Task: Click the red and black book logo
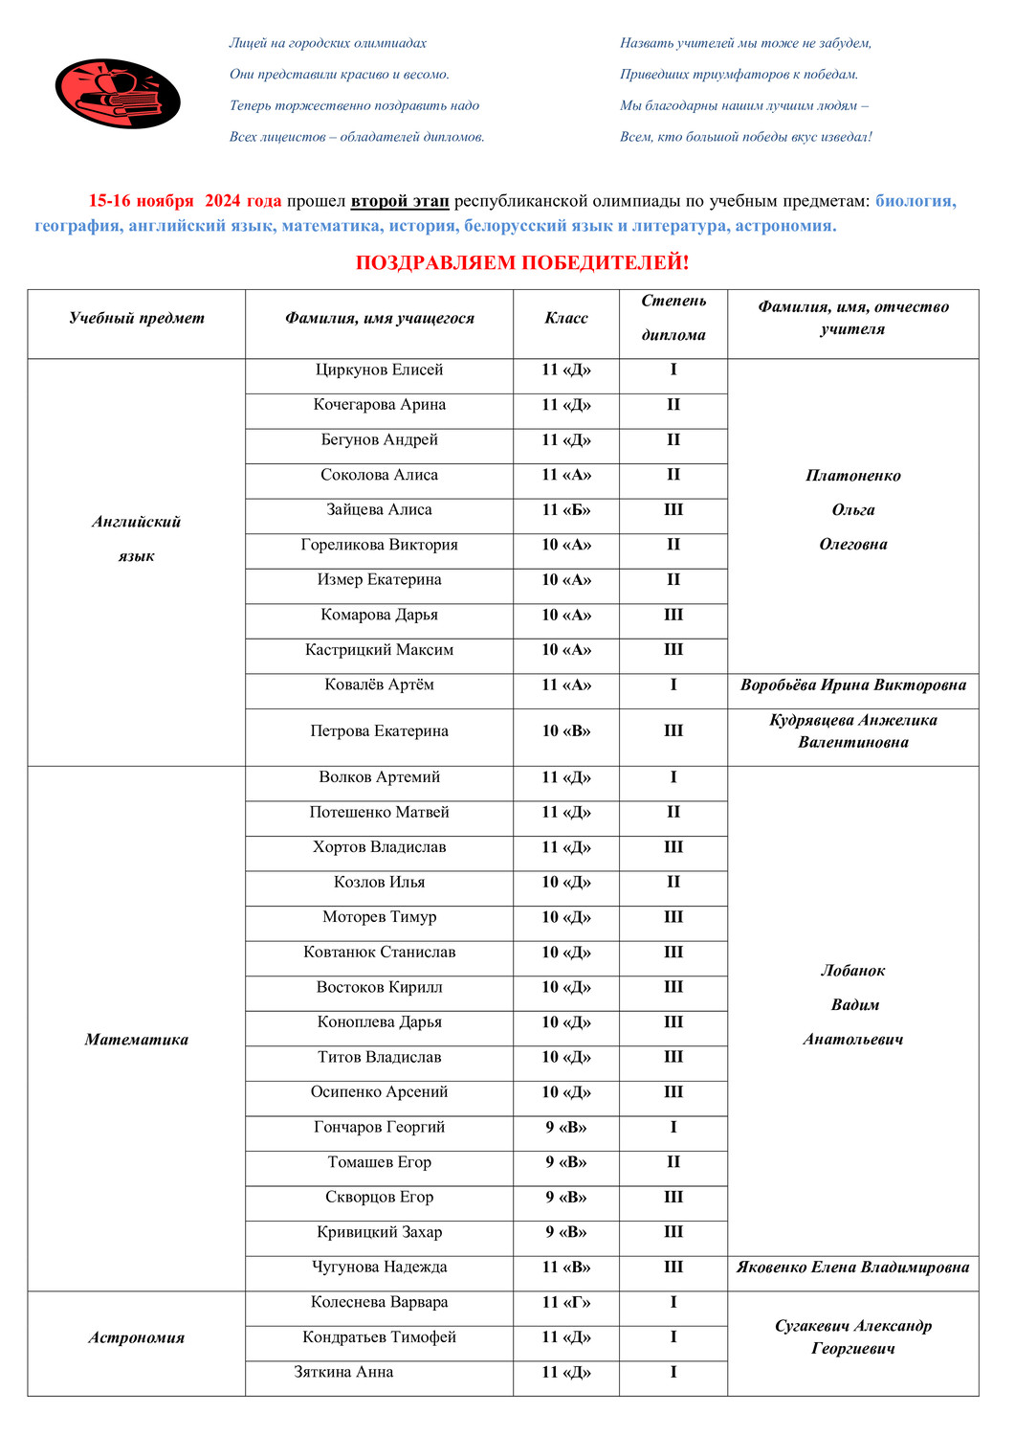[117, 93]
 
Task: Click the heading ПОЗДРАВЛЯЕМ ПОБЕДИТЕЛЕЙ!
[521, 262]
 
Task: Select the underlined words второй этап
[399, 201]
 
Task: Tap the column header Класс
[566, 318]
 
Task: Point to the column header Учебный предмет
[137, 318]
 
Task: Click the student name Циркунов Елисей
[379, 370]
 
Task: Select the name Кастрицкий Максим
[379, 650]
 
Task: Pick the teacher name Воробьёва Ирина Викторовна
[852, 685]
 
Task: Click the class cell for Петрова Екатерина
[566, 731]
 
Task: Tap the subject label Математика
[137, 1040]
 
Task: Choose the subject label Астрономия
[137, 1338]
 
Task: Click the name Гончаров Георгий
[379, 1128]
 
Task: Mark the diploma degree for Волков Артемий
[673, 777]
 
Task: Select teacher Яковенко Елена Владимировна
[852, 1268]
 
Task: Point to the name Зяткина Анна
[343, 1373]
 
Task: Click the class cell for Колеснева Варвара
[566, 1303]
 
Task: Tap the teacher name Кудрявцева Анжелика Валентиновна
[852, 731]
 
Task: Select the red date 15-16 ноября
[141, 201]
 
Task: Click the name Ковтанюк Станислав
[379, 953]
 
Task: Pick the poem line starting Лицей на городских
[327, 43]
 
